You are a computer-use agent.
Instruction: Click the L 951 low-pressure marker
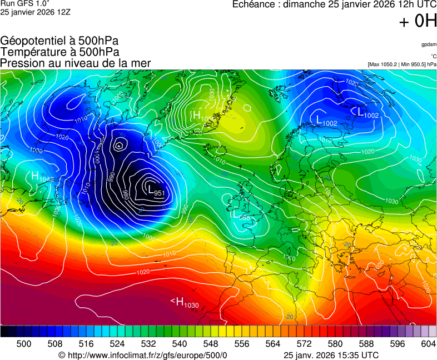tap(156, 190)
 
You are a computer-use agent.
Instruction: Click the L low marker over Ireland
tap(241, 215)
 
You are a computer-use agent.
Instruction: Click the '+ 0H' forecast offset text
tap(418, 21)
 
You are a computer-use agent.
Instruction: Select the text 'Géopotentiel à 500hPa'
tap(59, 41)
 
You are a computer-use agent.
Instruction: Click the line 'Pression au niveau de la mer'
tap(76, 63)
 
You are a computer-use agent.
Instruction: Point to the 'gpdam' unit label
tap(429, 44)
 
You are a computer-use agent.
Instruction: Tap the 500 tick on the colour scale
tap(24, 344)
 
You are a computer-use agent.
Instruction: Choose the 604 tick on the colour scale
tap(428, 344)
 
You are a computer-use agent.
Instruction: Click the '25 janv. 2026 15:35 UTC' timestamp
tap(331, 355)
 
